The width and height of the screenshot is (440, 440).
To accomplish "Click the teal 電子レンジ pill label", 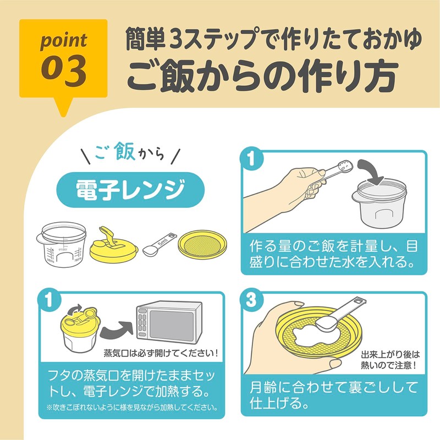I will coord(130,191).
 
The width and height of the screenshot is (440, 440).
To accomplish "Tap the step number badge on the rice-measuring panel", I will coord(251,160).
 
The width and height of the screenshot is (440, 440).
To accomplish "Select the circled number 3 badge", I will coord(251,300).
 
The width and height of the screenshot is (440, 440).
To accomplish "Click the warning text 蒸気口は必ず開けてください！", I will coord(161,353).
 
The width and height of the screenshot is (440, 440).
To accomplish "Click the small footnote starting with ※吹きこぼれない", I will coord(132,408).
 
